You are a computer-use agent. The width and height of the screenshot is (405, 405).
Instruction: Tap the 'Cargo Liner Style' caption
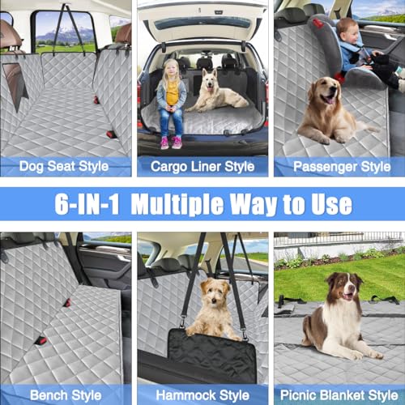202,167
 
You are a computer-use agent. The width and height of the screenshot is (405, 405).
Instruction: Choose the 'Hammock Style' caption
202,395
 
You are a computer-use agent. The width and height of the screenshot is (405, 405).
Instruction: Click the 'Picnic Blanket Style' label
339,395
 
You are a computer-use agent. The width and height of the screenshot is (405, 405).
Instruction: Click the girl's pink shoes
171,143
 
